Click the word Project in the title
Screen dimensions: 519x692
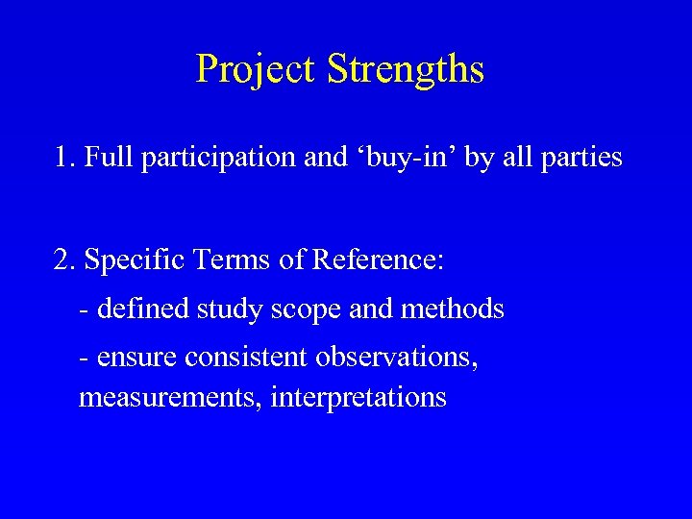point(255,69)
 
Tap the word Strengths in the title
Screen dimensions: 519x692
point(405,69)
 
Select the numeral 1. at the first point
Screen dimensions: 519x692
point(66,157)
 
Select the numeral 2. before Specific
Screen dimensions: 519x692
point(66,259)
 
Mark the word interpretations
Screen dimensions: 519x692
point(359,397)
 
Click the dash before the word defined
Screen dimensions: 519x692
point(86,310)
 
